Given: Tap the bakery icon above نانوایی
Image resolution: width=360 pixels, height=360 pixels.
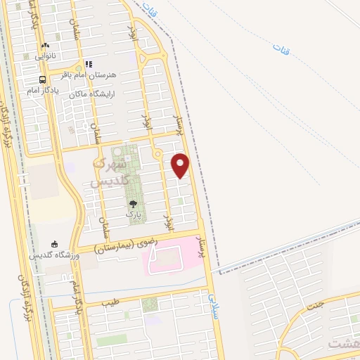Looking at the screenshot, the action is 46,44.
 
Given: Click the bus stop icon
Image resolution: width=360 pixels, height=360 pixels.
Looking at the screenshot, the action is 44,79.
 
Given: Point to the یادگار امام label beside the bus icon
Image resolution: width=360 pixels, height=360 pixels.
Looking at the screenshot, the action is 44,91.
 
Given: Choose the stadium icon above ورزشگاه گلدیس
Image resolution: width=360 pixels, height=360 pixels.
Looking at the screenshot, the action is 54,244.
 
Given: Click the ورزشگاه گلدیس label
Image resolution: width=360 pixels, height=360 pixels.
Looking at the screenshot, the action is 54,256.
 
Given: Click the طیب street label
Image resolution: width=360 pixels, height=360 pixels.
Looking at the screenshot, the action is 111,302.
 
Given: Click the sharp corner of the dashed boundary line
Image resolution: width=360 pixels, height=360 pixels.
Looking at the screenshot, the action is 218,270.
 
